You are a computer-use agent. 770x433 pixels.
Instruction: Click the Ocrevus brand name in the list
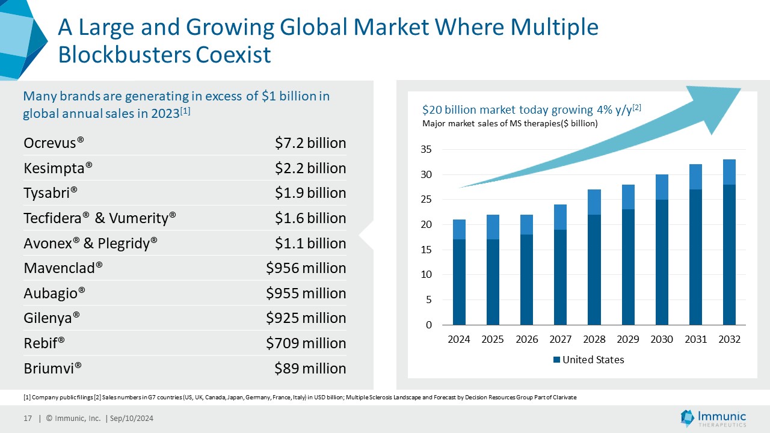(x=54, y=143)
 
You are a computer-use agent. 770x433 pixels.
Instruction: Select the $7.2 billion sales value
(x=310, y=143)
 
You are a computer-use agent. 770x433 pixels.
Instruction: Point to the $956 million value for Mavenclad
(x=306, y=268)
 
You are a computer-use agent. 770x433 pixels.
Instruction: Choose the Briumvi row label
(x=53, y=368)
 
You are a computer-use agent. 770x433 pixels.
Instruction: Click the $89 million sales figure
(x=310, y=368)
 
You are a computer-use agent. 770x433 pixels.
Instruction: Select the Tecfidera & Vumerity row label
(x=100, y=218)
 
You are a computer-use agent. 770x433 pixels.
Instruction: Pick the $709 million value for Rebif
(x=306, y=343)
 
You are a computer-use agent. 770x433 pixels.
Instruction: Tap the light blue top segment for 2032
(x=729, y=172)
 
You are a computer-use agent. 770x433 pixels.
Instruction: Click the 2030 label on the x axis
(x=662, y=339)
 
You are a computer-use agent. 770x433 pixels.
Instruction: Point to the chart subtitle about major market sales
(x=510, y=124)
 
